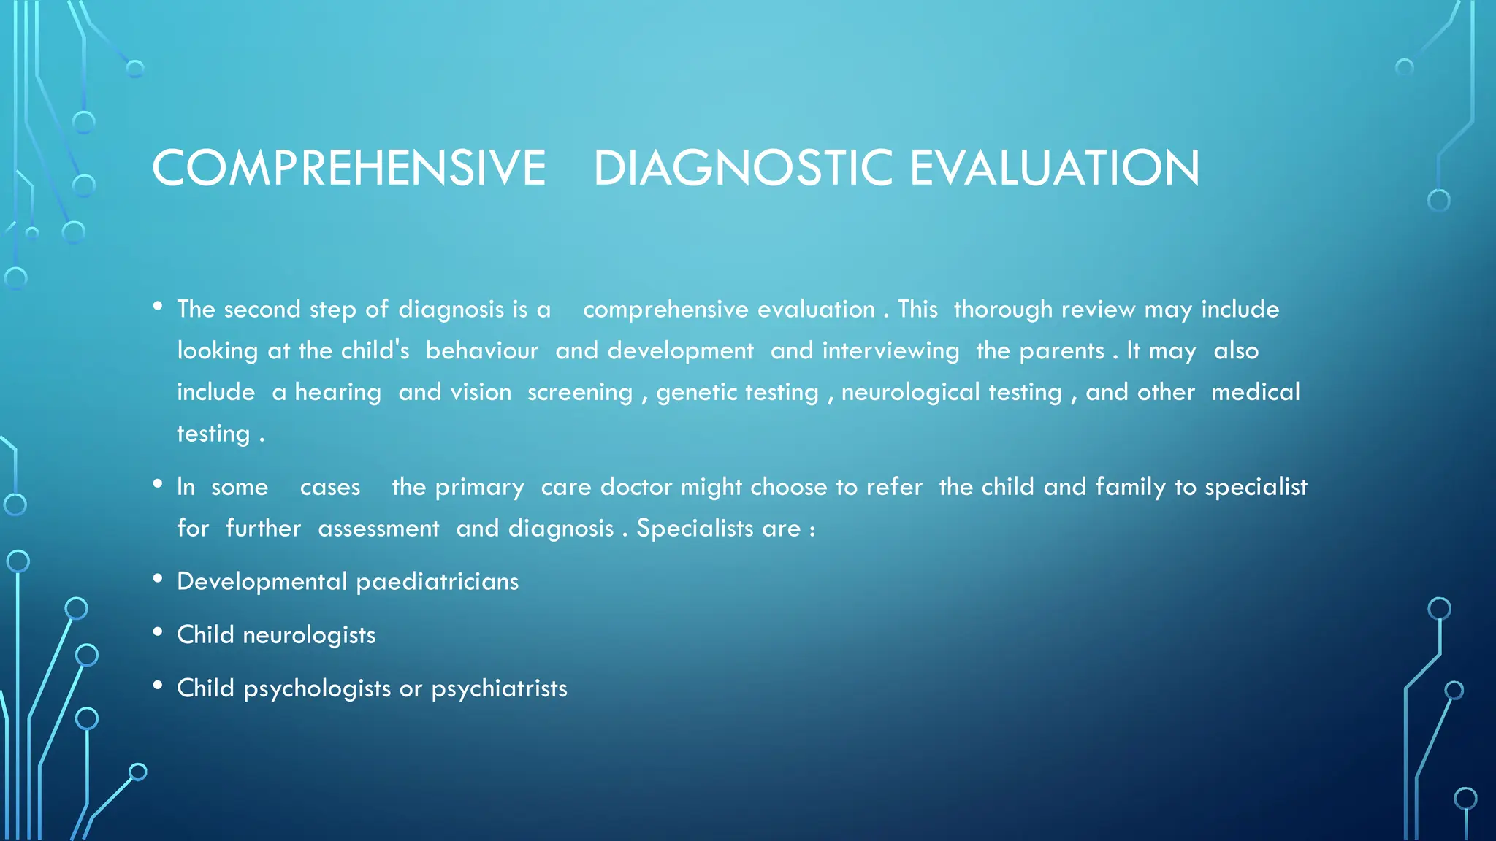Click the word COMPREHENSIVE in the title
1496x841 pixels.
click(348, 168)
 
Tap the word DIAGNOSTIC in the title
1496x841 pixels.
click(743, 168)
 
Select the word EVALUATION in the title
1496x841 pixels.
click(1054, 168)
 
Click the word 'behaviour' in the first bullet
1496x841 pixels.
click(482, 351)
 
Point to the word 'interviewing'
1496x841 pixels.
click(890, 351)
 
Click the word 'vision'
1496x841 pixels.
click(481, 393)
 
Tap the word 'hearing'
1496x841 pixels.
click(337, 393)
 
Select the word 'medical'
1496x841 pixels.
click(1256, 392)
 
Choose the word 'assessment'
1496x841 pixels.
click(378, 529)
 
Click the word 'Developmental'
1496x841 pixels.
click(262, 582)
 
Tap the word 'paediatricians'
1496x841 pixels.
click(437, 582)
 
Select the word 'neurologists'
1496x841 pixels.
click(309, 635)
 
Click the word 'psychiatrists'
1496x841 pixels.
click(499, 688)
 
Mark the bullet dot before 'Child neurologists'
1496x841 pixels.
click(158, 632)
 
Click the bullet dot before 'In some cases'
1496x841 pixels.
click(158, 484)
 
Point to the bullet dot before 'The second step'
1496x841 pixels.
click(158, 307)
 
